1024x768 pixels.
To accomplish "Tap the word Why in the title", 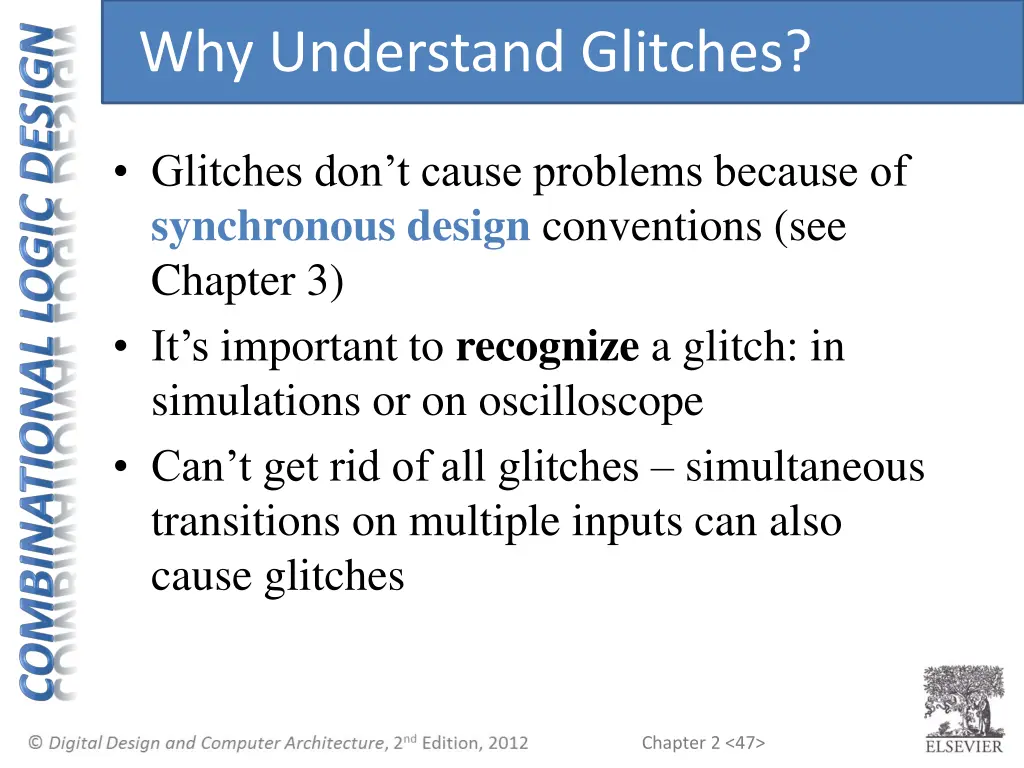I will pos(195,52).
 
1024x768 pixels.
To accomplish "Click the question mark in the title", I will pos(794,52).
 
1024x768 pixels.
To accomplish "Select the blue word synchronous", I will pos(272,228).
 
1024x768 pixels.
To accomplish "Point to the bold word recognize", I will pos(546,348).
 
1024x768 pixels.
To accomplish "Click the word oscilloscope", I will pos(590,402).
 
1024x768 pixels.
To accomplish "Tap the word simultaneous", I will pos(804,467).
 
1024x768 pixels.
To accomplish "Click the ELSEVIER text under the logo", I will pos(963,746).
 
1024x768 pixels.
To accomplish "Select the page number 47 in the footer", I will pos(746,742).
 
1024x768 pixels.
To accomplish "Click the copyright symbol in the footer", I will pos(36,742).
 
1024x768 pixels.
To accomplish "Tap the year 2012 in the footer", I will pos(506,742).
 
